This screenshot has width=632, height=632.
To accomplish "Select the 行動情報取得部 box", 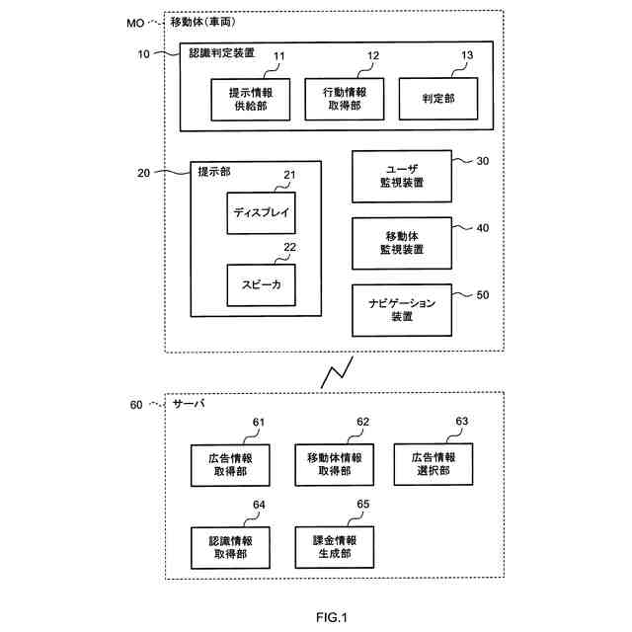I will tap(345, 98).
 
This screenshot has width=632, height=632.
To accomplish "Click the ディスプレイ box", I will tap(261, 212).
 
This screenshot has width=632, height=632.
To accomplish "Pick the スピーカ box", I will tap(261, 284).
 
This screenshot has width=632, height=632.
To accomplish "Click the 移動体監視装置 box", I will tap(401, 242).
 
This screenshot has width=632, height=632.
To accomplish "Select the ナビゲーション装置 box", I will tap(401, 309).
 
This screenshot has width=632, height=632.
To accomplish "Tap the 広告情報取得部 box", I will tap(229, 464).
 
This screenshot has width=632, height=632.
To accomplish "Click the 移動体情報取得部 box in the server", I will tap(334, 464).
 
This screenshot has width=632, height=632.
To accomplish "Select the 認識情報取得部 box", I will tap(229, 547).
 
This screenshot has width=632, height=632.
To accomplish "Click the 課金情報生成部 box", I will tap(334, 547).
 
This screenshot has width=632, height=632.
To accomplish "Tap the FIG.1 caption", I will tap(332, 618).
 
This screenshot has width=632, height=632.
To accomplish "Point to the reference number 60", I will tap(136, 404).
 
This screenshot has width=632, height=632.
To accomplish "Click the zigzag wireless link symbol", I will tap(333, 373).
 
